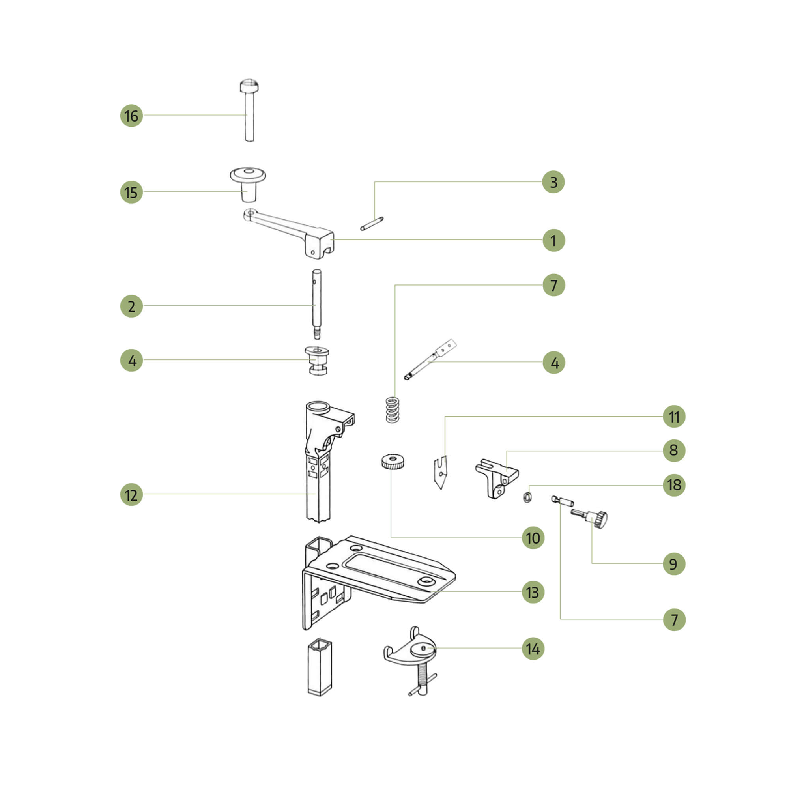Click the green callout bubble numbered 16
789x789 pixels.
point(131,116)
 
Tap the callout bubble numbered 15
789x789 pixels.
point(131,192)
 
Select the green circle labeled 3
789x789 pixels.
point(553,182)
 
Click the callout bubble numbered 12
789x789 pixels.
point(131,495)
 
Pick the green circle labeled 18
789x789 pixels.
point(674,485)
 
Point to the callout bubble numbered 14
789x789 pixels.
point(533,649)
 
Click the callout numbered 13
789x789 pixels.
point(533,592)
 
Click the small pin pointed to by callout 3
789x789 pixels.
point(372,223)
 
